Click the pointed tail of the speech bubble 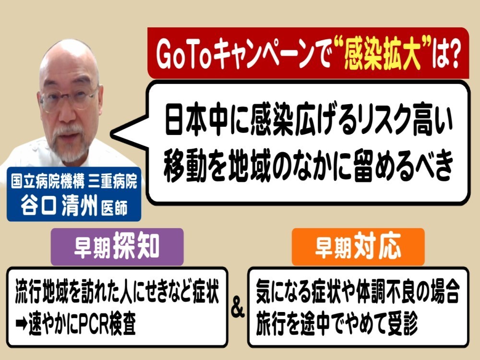tap(112, 134)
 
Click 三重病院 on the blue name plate tap(113, 181)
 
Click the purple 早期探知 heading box tap(117, 246)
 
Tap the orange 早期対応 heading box tap(358, 246)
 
